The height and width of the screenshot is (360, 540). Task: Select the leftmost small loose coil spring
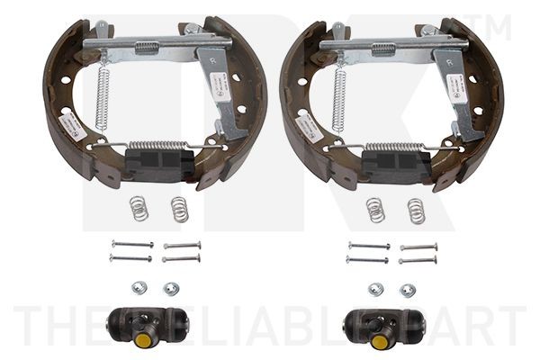click(x=137, y=208)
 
